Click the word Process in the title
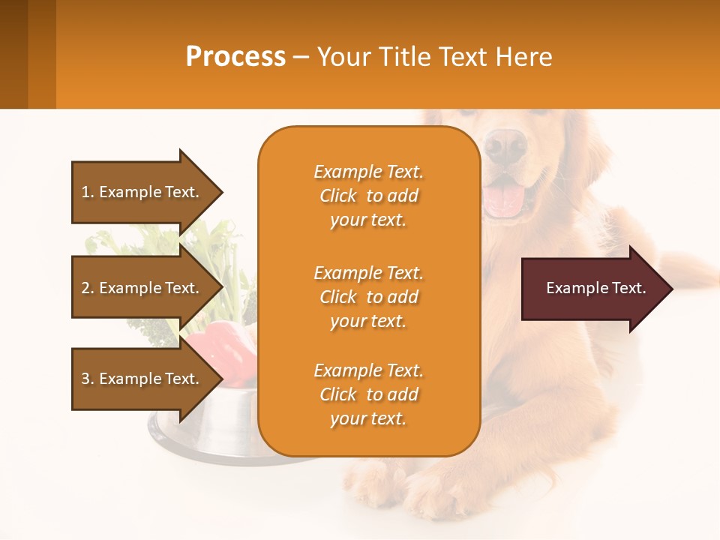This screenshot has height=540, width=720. coord(235,57)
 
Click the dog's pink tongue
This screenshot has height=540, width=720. coord(503,199)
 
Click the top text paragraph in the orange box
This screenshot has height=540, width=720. coord(368,196)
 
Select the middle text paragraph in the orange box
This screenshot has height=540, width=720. coord(368,297)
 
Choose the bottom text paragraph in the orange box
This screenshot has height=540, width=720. coord(368,394)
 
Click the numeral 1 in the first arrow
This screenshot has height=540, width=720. coord(85,192)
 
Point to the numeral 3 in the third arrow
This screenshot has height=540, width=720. coord(85,379)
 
